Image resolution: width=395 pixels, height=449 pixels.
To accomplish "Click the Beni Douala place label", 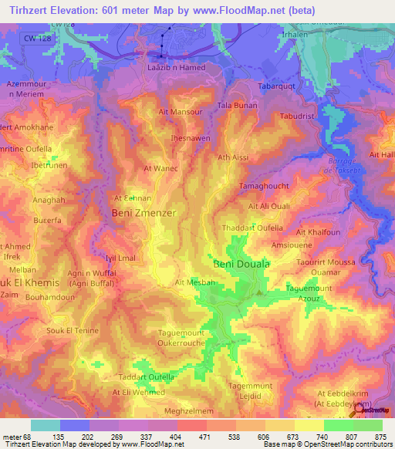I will [x=241, y=264].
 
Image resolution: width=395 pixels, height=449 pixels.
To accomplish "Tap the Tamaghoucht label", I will [x=264, y=187].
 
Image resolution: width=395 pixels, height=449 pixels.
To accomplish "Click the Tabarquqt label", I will [x=277, y=86].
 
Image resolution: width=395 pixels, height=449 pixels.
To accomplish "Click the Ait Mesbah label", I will [x=195, y=283].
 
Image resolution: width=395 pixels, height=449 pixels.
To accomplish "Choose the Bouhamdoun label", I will [x=49, y=297].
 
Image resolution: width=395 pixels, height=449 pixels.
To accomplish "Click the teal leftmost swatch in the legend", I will [x=45, y=425].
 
